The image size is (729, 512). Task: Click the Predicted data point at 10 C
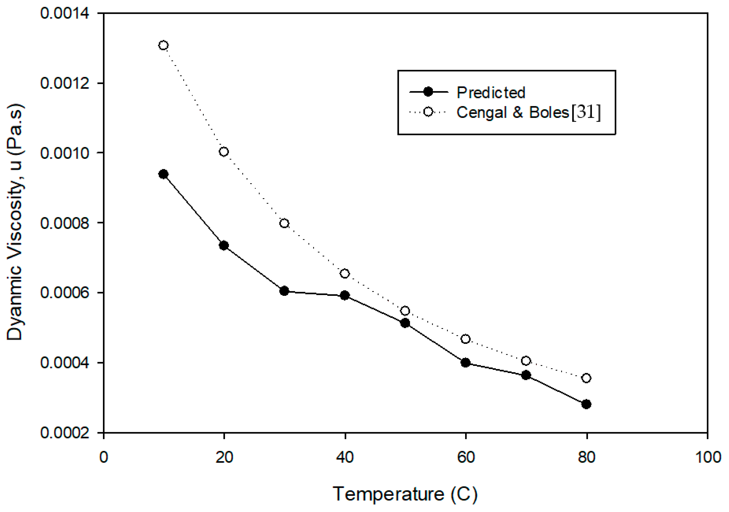pos(163,174)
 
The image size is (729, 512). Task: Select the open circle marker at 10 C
pos(163,45)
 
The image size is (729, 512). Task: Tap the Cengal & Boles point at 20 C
pos(224,152)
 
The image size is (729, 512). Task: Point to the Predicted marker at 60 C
pos(466,362)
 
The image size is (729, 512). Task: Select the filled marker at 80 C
pos(586,404)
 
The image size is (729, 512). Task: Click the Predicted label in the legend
pos(491,93)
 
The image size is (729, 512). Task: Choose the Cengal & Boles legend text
pos(513,113)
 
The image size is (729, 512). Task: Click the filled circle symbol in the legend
pos(428,92)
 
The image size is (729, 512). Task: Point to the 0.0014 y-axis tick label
pos(65,14)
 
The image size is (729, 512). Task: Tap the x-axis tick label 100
pos(708,457)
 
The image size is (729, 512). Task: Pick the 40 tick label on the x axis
pos(345,457)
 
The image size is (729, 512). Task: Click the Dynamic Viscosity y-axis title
pos(15,222)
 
